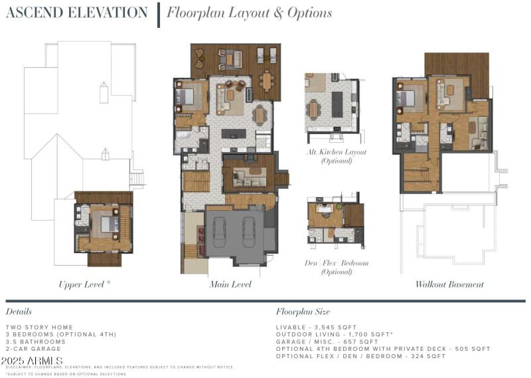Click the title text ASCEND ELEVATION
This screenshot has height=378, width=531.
pos(76,13)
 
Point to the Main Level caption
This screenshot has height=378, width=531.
pos(230,284)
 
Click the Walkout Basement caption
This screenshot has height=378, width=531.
pos(449,284)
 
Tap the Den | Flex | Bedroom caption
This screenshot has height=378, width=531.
pos(336,263)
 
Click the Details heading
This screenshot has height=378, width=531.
pos(19,311)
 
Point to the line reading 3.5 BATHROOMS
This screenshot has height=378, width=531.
pos(35,341)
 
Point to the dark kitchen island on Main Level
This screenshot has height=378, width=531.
pos(233,134)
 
